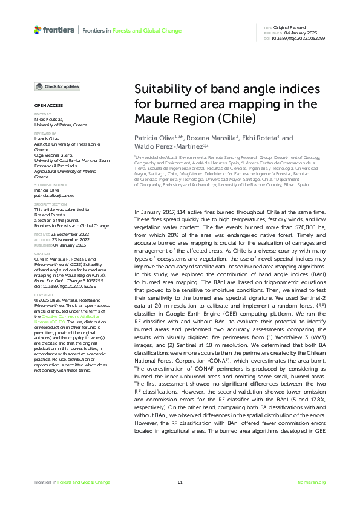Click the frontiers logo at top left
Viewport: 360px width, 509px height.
[x=54, y=30]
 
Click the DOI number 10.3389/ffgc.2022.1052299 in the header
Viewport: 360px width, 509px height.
[x=299, y=38]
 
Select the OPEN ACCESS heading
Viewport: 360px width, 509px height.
[x=44, y=105]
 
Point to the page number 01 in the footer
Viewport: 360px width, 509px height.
[x=180, y=482]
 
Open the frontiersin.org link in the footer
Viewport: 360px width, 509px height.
[x=312, y=482]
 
